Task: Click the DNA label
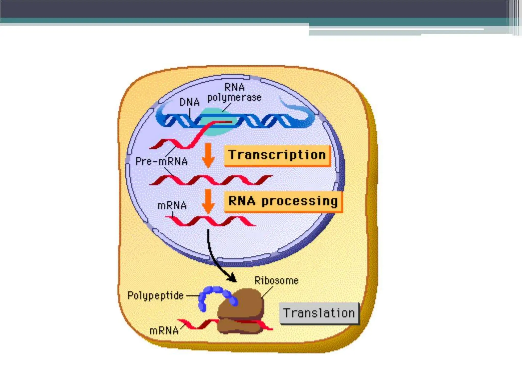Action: pos(189,102)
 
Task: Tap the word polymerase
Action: pos(234,98)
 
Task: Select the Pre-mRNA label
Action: pos(161,161)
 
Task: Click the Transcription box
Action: pos(277,155)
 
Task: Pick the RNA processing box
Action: pos(283,201)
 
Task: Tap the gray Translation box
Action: pos(319,313)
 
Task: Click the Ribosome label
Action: pos(276,281)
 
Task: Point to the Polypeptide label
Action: pos(155,296)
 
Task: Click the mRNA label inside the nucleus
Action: pos(172,205)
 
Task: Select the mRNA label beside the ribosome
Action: pos(164,331)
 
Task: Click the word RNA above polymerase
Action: pos(234,87)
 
